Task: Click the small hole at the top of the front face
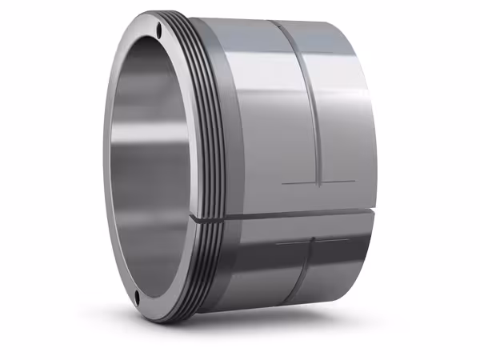pyautogui.click(x=160, y=31)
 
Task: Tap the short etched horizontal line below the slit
pyautogui.click(x=312, y=241)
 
